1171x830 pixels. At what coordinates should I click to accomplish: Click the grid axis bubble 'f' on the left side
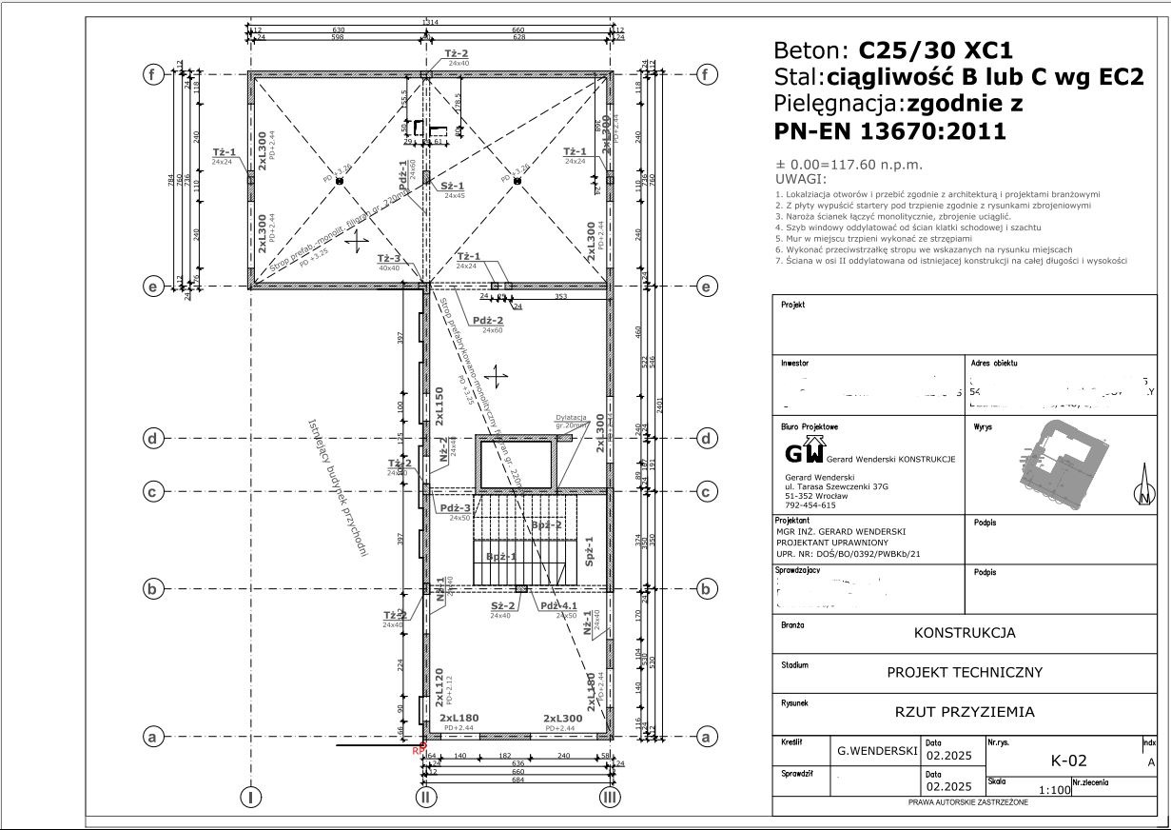point(150,74)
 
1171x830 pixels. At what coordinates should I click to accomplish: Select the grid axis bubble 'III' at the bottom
point(610,797)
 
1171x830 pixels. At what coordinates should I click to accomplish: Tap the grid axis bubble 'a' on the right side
point(706,737)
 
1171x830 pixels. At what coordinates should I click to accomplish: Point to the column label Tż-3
point(388,259)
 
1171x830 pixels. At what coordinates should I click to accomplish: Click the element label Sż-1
point(452,187)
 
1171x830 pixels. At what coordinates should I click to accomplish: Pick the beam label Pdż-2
point(491,321)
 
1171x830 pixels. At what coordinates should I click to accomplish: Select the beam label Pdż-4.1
point(559,606)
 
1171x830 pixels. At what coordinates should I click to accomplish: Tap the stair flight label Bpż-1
point(500,557)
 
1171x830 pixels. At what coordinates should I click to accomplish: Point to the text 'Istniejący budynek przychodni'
point(338,486)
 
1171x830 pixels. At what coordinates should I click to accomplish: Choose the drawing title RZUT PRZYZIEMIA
point(965,711)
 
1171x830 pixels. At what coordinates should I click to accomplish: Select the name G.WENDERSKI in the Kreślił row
point(876,751)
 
